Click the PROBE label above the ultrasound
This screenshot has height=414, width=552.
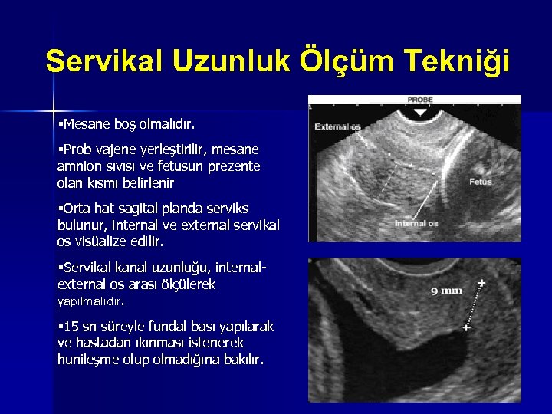[x=419, y=100]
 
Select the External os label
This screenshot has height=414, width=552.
[x=338, y=127]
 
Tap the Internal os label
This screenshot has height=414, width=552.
[x=416, y=223]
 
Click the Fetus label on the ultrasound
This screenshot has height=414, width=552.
[x=481, y=182]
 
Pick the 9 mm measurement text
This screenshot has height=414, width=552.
[x=446, y=291]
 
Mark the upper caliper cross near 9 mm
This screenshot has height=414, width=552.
[x=481, y=283]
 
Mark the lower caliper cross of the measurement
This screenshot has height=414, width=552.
[x=467, y=327]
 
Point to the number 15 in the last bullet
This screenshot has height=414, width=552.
[x=71, y=327]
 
